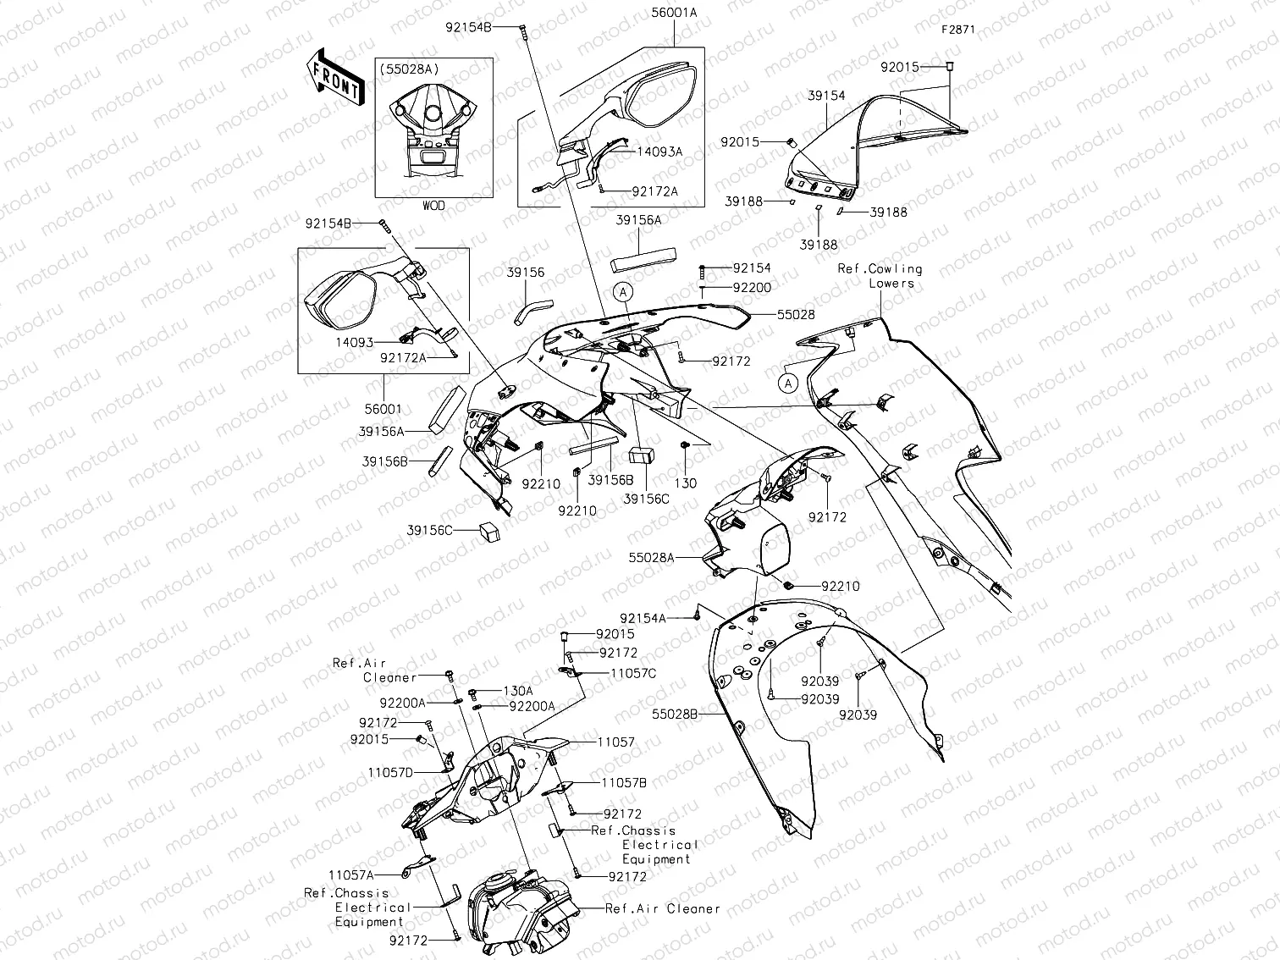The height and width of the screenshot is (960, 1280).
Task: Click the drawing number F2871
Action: click(957, 29)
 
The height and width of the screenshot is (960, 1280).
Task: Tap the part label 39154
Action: click(825, 97)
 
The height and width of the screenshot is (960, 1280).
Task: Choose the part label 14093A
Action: click(659, 152)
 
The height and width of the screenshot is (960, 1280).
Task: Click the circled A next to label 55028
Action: click(623, 293)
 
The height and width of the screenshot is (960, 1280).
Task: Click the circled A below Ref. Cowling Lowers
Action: click(788, 383)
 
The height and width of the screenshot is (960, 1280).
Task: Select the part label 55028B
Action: click(675, 714)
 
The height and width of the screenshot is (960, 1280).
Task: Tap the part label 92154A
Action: click(643, 619)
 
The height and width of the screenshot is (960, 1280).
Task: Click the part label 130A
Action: click(517, 691)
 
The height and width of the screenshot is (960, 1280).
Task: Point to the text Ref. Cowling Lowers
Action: click(880, 276)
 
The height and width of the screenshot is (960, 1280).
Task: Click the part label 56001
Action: click(383, 409)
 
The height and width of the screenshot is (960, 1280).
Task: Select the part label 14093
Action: click(355, 343)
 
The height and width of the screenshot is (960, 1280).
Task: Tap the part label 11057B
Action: click(624, 783)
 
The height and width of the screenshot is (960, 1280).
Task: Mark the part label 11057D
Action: click(390, 773)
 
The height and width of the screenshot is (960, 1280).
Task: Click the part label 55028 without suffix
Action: click(797, 314)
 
